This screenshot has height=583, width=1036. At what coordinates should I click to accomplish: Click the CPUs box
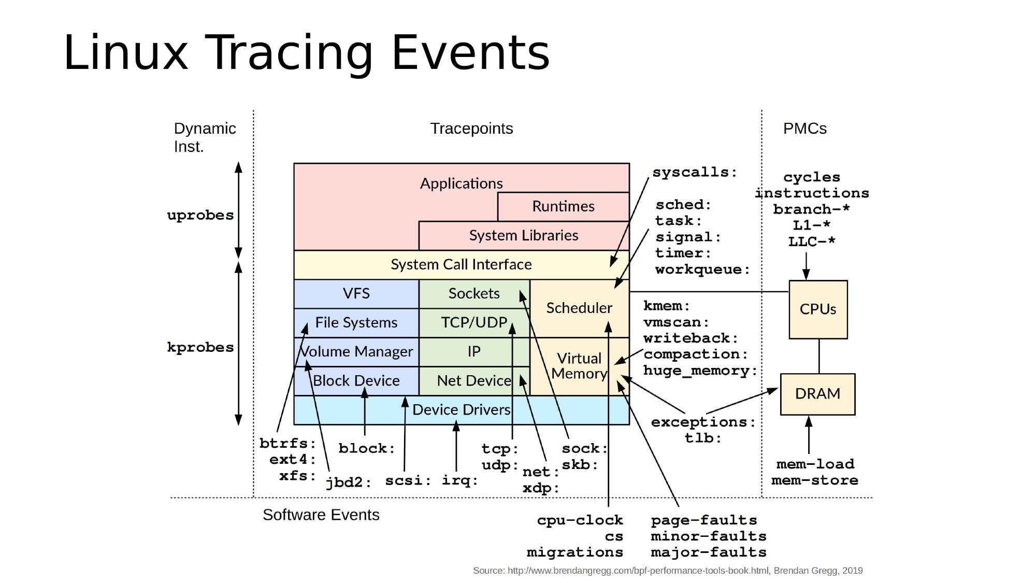pos(818,309)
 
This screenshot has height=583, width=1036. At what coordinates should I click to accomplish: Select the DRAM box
pos(817,394)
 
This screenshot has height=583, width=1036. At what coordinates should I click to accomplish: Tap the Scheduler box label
pos(579,308)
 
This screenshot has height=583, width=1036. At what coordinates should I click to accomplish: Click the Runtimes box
pos(563,206)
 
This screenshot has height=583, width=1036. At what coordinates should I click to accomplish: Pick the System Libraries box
pos(523,235)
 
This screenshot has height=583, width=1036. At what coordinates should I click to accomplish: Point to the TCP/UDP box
pos(473,322)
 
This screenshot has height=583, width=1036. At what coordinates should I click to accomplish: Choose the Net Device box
pos(473,381)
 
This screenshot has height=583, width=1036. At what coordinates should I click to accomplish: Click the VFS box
pos(356,293)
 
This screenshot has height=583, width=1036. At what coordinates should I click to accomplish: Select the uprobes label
pos(200,215)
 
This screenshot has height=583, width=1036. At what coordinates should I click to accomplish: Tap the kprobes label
pos(200,347)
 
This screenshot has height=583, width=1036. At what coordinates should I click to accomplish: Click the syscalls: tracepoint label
pos(695,172)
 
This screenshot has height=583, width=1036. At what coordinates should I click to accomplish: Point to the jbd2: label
pos(349,482)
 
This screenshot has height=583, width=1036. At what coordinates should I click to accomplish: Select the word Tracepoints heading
pos(471,129)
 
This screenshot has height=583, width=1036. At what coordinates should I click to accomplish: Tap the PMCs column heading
pos(804,129)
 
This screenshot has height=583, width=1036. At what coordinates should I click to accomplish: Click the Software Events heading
pos(321,515)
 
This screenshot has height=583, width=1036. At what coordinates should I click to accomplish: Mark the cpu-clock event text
pos(580,520)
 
